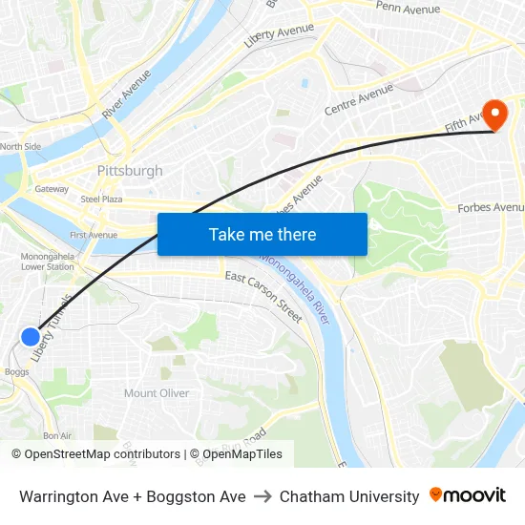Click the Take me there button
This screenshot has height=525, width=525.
262,234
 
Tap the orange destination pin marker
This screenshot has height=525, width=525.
494,116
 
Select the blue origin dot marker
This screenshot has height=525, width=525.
31,336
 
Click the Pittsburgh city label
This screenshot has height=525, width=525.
130,171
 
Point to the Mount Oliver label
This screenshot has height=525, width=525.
157,393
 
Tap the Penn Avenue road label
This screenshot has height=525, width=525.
408,9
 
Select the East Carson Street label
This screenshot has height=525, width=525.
263,290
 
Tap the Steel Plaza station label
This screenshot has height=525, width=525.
101,199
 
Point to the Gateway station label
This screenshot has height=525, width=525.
52,189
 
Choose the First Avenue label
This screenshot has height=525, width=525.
94,235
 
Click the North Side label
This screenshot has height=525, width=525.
20,146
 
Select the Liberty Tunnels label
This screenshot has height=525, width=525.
52,326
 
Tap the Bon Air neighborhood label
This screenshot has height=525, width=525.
57,435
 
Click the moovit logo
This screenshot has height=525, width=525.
468,495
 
